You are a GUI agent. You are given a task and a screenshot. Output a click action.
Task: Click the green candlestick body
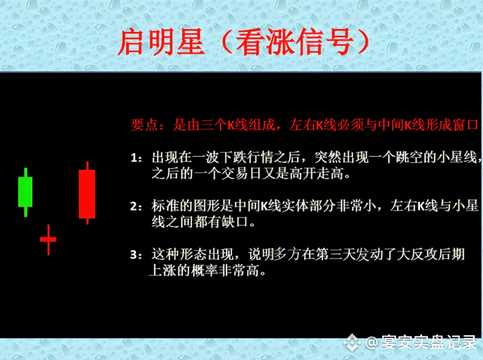[x=25, y=192]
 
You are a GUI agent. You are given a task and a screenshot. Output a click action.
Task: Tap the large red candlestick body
[x=87, y=194]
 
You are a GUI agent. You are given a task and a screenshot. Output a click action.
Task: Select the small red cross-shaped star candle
[x=48, y=239]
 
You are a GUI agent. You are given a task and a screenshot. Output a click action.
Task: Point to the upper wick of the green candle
[x=25, y=172]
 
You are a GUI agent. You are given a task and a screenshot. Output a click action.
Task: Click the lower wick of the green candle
[x=25, y=212]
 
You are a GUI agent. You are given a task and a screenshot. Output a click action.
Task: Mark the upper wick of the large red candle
[x=87, y=166]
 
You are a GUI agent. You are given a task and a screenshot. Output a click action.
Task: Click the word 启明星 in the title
[x=161, y=42]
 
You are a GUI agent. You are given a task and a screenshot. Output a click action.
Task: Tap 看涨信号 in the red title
[x=294, y=42]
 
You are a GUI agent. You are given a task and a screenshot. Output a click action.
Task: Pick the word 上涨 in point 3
[x=162, y=271]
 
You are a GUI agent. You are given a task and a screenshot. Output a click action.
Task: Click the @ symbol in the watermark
[x=372, y=343]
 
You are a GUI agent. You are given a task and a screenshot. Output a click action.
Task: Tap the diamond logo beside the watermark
[x=352, y=343]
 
